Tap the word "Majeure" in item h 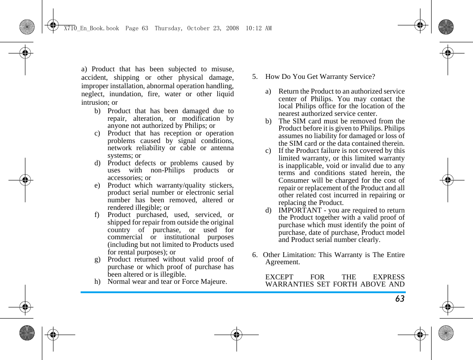point(213,282)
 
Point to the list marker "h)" point(98,282)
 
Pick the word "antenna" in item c point(219,148)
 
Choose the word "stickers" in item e point(219,185)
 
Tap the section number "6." point(255,255)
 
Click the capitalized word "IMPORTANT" point(300,210)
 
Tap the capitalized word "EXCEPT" point(279,277)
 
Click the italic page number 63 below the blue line point(400,299)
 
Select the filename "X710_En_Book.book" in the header point(91,28)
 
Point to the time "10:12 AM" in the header point(259,28)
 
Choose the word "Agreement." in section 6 point(282,262)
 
